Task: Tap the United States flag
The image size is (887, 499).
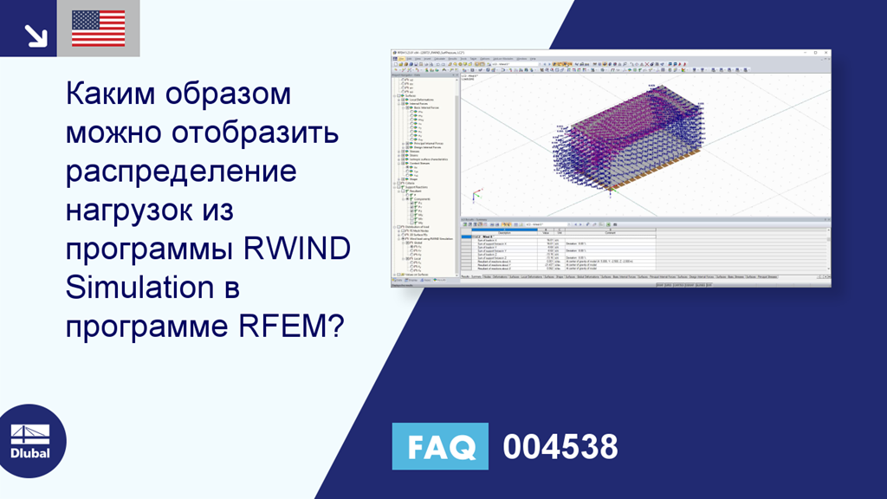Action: click(98, 29)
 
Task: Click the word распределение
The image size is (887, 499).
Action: click(181, 172)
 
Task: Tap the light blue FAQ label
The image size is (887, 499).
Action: click(440, 447)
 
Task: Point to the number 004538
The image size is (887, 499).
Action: click(560, 447)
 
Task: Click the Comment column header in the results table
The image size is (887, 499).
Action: click(610, 232)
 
